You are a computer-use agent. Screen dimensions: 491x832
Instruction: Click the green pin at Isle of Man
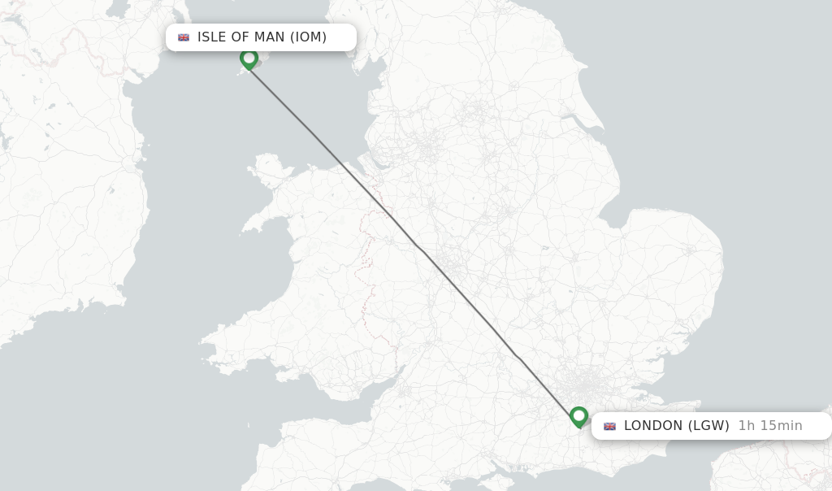point(249,59)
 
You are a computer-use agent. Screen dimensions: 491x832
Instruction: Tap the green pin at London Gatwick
point(578,416)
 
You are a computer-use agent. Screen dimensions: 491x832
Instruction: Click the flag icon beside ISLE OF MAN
point(184,37)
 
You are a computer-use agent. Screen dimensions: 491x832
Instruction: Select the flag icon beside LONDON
point(609,426)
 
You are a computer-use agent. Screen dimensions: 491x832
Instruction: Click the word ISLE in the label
point(212,37)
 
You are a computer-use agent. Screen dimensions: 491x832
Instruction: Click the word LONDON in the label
point(653,426)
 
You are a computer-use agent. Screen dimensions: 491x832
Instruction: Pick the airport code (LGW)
point(708,426)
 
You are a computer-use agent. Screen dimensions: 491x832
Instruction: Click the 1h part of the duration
point(747,426)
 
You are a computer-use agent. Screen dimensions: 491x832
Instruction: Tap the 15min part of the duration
point(781,426)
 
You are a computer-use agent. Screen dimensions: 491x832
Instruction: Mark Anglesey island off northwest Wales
point(271,167)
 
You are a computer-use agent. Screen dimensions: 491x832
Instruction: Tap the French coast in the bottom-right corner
point(772,467)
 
